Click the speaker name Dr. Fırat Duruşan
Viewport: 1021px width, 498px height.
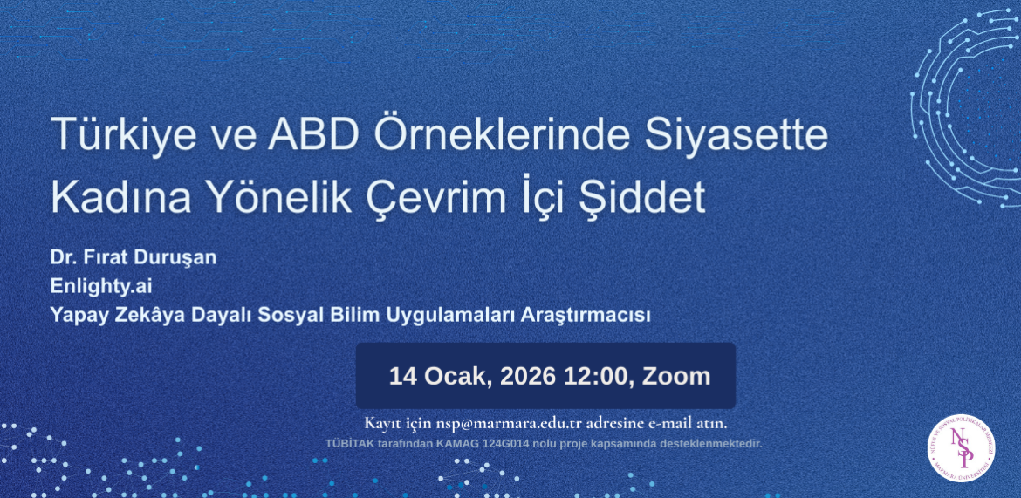(x=134, y=258)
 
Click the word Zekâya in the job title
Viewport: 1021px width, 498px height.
(x=147, y=315)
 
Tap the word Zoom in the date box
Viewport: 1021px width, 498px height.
(x=677, y=377)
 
